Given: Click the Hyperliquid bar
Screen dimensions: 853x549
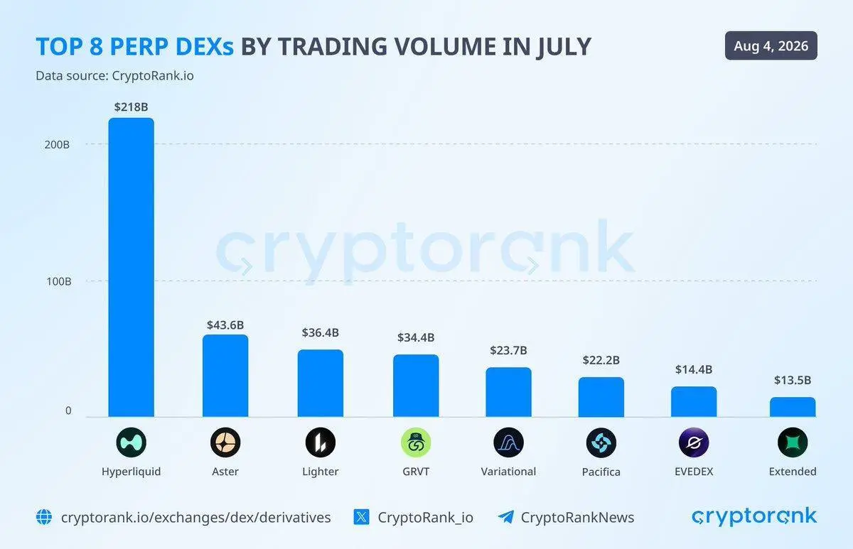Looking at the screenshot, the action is (132, 267).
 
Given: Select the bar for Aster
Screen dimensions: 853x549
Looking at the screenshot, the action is (225, 376).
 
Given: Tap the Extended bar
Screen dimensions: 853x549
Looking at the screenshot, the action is (793, 407).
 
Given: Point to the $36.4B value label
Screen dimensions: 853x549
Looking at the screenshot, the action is (321, 332).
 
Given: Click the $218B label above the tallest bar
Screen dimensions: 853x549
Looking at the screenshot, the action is (131, 107).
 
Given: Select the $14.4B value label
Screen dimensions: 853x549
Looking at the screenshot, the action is (694, 369).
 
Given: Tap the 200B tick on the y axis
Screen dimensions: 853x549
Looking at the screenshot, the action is (57, 145).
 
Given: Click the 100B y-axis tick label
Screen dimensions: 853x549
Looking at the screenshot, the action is (58, 281).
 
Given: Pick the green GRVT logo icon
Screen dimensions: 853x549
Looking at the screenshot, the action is (416, 442).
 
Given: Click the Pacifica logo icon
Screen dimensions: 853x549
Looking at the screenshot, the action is (601, 442).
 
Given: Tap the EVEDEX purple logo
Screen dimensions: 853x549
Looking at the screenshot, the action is (694, 442).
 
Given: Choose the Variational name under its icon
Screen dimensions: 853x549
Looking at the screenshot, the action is (508, 472).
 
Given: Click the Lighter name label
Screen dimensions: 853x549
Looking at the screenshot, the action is (321, 472).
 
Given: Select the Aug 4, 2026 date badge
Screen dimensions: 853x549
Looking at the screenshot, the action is (771, 45).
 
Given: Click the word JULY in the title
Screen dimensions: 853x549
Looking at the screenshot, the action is (564, 47).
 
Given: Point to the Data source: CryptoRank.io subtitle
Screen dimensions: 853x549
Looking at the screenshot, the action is (114, 76).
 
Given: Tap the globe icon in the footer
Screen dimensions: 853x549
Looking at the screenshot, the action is (44, 518).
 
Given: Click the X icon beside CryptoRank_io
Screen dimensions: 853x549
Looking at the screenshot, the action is (361, 518).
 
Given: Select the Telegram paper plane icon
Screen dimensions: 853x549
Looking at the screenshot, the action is (506, 517).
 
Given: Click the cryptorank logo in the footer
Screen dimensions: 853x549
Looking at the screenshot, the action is (754, 516).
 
